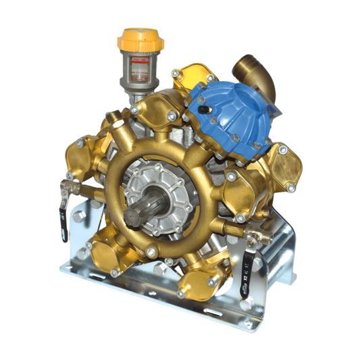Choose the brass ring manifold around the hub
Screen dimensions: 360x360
[x=128, y=155]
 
